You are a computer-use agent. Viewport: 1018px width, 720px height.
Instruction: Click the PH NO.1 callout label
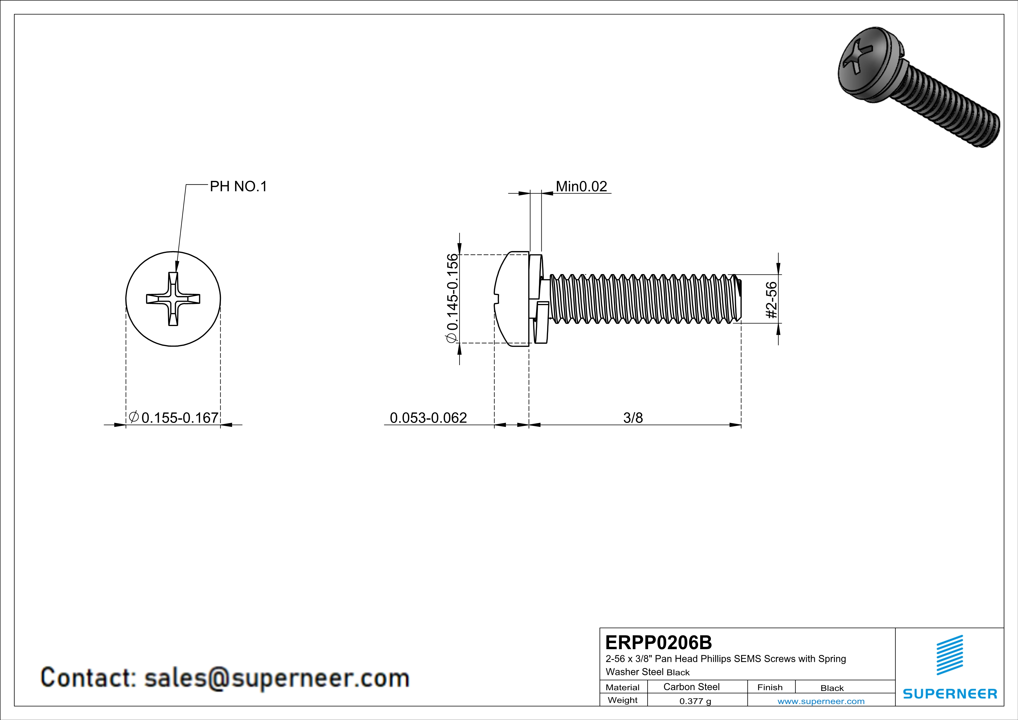238,187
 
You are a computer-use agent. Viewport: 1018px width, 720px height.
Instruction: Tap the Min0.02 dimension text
581,187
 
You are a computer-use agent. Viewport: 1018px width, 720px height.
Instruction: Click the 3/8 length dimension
633,418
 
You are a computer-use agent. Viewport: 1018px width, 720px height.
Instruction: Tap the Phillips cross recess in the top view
173,299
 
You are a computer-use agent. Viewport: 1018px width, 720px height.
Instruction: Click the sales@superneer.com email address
277,678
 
